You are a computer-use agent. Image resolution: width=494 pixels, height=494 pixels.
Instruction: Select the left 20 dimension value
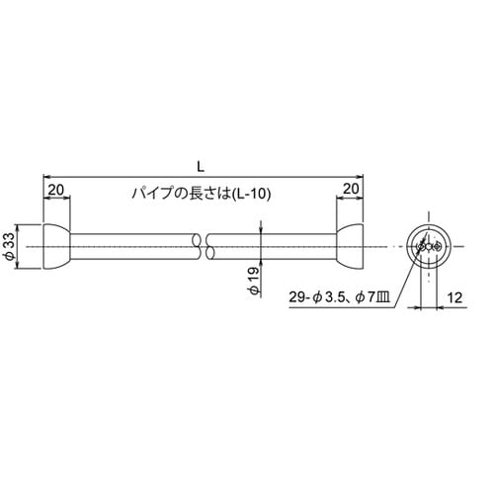point(56,188)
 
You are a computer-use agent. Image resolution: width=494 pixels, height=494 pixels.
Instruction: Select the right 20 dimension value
point(352,188)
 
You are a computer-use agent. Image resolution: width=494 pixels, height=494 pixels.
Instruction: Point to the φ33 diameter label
point(10,245)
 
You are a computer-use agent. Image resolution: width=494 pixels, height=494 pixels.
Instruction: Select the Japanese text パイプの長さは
point(172,194)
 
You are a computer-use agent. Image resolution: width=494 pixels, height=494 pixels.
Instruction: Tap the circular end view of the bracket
point(429,246)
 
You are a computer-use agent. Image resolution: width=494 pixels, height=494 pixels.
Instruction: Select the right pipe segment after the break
point(272,246)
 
